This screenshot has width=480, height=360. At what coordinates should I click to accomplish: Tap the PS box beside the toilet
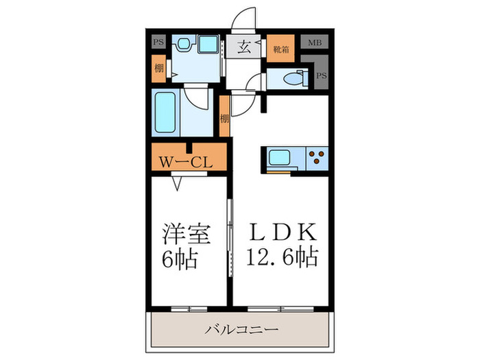(x=321, y=76)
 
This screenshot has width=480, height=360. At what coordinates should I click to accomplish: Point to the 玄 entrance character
(x=244, y=47)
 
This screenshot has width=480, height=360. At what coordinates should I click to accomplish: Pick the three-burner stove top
(x=317, y=158)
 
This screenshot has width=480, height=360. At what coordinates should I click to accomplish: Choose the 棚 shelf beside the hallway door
(x=224, y=118)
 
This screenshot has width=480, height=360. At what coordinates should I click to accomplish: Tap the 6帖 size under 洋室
(x=181, y=259)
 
